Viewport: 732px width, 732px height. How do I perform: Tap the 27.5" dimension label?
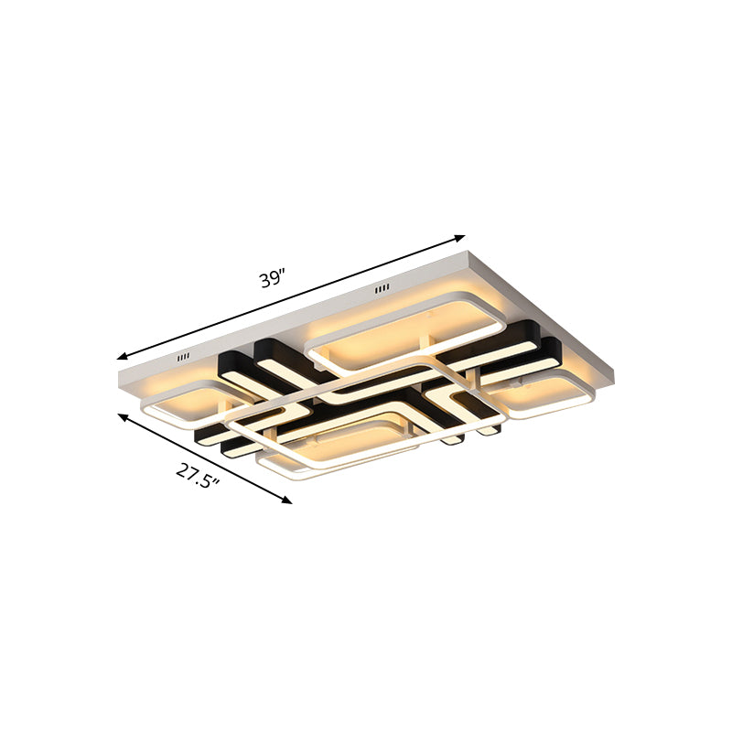tap(198, 475)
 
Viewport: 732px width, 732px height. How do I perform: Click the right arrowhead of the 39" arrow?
tap(460, 238)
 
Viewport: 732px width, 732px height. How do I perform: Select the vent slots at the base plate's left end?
tap(183, 358)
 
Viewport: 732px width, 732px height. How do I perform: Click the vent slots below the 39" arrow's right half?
tap(381, 290)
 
